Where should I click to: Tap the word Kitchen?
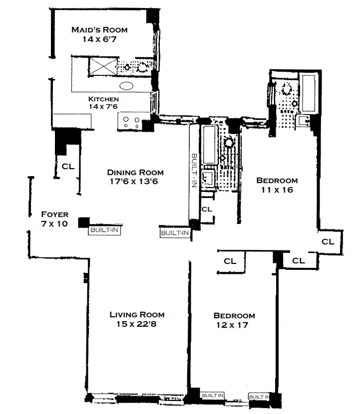point(103,99)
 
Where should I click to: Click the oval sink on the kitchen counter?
point(127,86)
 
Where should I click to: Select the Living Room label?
point(137,315)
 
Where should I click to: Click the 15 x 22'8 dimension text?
point(137,324)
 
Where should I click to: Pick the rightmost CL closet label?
point(328,241)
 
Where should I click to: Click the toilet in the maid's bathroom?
point(144,67)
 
